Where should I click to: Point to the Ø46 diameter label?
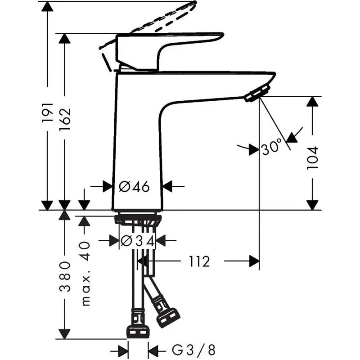pyautogui.click(x=134, y=186)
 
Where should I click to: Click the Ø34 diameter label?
pyautogui.click(x=137, y=241)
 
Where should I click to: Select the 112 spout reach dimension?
pyautogui.click(x=199, y=261)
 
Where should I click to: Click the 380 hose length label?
pyautogui.click(x=66, y=276)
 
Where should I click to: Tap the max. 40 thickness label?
pyautogui.click(x=85, y=273)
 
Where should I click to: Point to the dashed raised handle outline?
pyautogui.click(x=157, y=18)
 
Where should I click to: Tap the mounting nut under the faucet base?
pyautogui.click(x=138, y=220)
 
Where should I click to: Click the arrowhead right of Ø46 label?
pyautogui.click(x=167, y=186)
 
